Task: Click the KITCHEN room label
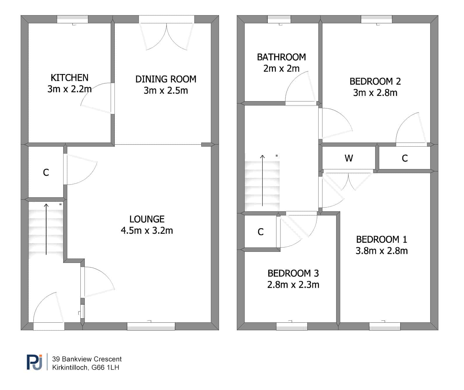coord(70,78)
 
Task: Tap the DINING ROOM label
coord(166,79)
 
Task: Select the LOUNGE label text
coord(147,219)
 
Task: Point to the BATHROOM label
coord(281,57)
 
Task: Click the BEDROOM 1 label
coord(382,240)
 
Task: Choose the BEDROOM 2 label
coord(375,81)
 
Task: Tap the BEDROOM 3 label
coord(293,273)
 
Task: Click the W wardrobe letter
coord(349,158)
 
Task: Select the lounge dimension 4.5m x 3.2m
coord(147,231)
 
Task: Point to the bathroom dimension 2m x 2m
coord(281,68)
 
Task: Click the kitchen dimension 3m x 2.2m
coord(70,89)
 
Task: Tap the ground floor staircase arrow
coord(46,229)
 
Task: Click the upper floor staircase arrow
coord(262,180)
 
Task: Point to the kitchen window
coord(73,19)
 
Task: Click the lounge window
coord(151,326)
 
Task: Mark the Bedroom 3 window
coord(292,326)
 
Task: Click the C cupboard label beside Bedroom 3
coord(260,232)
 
